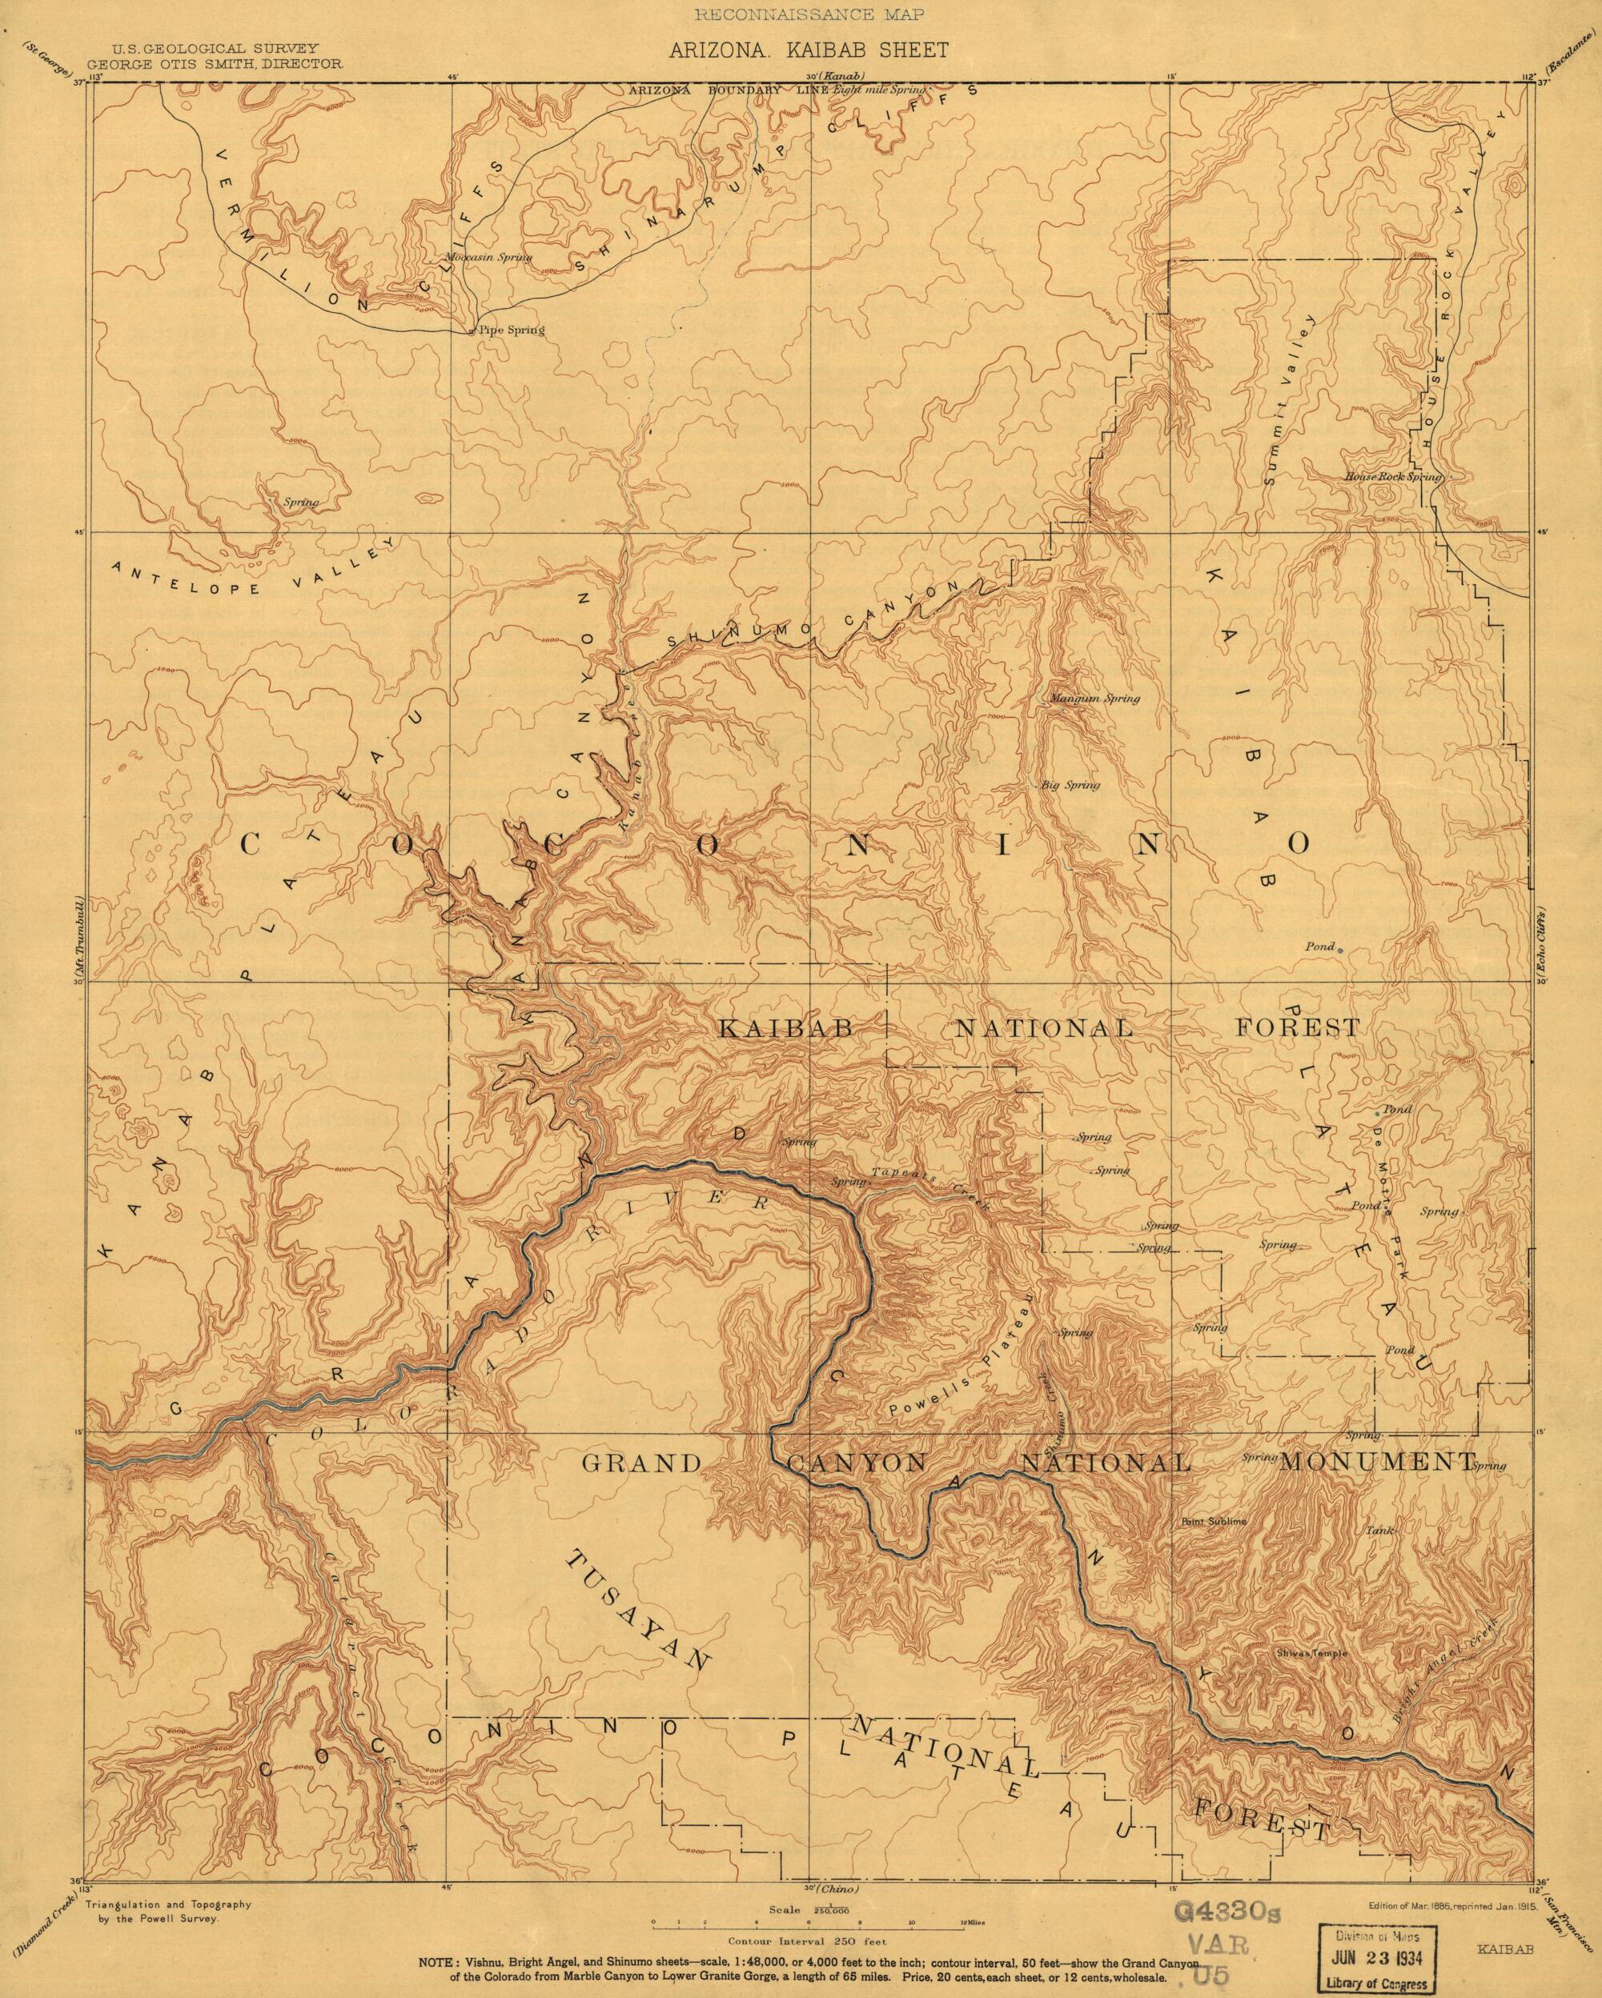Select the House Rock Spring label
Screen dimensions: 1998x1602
coord(1393,476)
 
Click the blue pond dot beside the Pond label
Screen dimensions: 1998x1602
coord(1340,948)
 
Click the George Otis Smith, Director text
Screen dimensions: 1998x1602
coord(213,65)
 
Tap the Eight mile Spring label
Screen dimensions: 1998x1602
coord(879,89)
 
